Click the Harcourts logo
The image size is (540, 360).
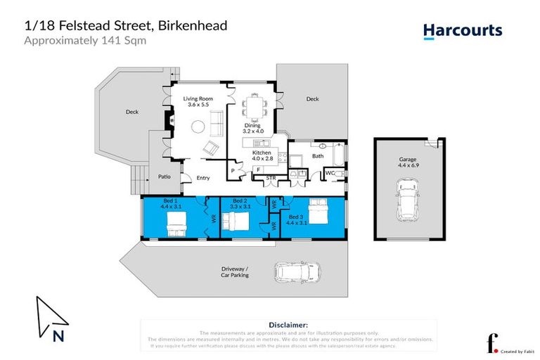462,30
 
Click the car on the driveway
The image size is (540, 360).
297,271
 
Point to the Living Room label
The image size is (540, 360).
198,100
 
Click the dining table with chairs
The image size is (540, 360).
252,108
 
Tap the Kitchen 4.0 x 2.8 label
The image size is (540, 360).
261,155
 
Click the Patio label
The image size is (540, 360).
165,176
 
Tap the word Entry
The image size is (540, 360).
202,178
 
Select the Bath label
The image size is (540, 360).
317,156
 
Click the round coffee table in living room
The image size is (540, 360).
198,127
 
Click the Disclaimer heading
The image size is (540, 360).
289,325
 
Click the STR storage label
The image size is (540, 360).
270,178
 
